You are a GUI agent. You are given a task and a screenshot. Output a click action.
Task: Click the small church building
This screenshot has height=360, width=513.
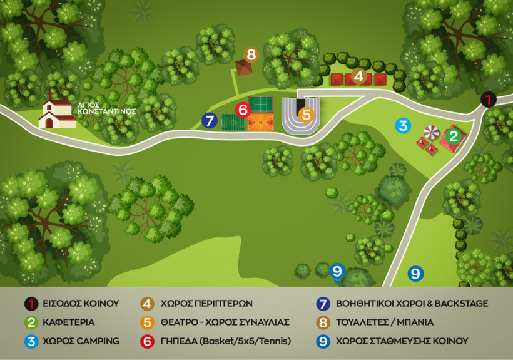[56, 113]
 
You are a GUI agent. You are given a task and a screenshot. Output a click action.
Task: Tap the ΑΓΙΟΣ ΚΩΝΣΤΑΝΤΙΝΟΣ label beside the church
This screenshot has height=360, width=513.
[106, 107]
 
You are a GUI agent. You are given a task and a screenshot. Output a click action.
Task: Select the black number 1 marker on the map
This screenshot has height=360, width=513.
[488, 100]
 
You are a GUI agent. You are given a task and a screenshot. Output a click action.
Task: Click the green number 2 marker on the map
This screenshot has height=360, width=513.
[454, 135]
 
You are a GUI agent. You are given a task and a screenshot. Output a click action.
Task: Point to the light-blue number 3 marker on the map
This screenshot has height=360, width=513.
[403, 125]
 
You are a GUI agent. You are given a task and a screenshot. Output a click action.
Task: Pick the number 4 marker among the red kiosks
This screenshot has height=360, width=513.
[358, 76]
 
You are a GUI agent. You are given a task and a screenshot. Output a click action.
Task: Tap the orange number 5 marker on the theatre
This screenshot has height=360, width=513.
[305, 115]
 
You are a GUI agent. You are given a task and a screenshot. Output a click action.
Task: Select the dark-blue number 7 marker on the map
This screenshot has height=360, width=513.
[209, 120]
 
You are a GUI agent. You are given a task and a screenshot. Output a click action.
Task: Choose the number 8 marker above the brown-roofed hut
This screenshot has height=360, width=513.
[251, 54]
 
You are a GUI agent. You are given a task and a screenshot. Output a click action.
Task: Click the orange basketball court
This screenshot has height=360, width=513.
[260, 122]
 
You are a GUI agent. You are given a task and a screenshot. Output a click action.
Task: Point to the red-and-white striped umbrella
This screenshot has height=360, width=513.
[432, 132]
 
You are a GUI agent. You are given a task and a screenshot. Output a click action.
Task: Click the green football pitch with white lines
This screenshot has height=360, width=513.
[233, 122]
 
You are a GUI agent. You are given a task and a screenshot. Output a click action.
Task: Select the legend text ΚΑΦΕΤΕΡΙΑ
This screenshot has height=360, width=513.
[69, 322]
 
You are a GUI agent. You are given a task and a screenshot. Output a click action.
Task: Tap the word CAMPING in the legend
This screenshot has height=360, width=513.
[97, 341]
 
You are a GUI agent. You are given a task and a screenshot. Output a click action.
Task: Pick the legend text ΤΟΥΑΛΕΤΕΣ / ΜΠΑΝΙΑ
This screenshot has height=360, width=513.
[384, 322]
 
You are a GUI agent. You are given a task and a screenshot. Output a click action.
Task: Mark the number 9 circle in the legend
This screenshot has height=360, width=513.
[323, 341]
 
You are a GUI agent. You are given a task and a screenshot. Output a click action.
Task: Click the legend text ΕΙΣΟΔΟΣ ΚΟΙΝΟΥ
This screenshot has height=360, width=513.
[80, 304]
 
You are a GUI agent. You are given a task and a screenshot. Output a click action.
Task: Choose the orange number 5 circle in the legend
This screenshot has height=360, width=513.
[147, 322]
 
